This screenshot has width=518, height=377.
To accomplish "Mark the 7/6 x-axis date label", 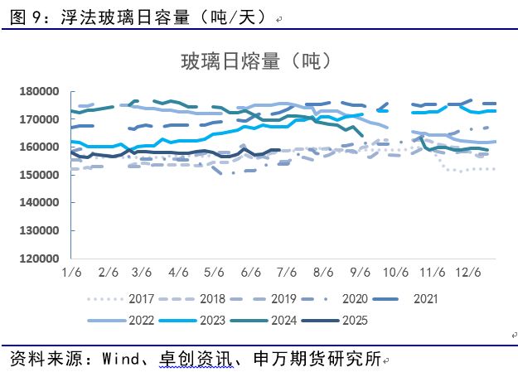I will point(288,273).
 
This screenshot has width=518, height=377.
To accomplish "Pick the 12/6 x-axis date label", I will point(468,273).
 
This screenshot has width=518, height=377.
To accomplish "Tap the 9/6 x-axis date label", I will point(361,273).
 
